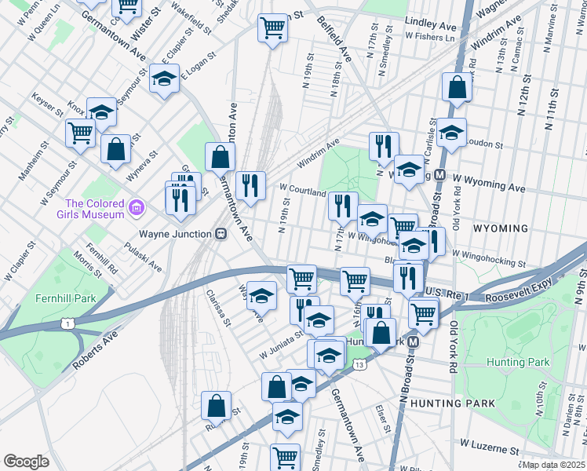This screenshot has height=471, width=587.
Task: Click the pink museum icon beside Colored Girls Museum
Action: point(137,208)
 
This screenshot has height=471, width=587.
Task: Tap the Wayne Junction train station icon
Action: point(221,234)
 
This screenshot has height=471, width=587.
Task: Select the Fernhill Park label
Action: point(65,298)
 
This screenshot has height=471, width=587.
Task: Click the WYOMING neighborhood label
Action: point(501,228)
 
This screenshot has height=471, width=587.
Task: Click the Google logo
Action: point(26,461)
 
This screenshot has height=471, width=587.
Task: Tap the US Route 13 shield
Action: point(359,365)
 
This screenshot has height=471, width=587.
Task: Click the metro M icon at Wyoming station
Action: point(440,174)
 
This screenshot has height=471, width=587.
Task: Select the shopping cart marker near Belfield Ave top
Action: point(272,28)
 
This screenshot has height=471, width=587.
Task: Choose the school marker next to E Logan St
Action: point(164,78)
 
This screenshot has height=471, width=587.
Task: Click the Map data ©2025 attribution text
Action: point(552,465)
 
